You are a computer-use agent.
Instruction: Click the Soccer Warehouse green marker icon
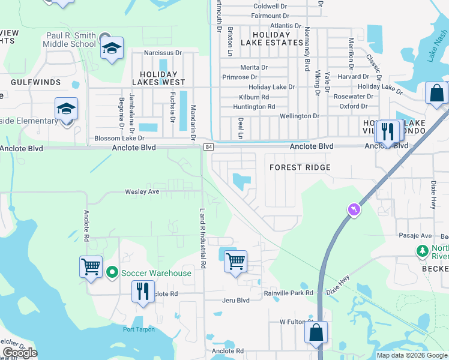click(112, 273)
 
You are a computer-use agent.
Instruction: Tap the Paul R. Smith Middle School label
click(71, 40)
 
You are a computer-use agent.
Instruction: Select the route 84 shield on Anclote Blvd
click(208, 147)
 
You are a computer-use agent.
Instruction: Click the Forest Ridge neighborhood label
click(300, 167)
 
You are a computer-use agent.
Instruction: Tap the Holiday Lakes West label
click(158, 82)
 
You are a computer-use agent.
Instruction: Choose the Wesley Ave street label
click(142, 192)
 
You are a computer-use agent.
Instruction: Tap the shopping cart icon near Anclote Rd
click(91, 266)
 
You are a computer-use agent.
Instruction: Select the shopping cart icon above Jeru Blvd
click(235, 262)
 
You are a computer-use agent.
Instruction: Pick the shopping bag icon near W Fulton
click(316, 332)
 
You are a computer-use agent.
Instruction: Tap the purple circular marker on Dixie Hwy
click(354, 209)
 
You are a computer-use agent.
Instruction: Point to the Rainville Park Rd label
click(289, 293)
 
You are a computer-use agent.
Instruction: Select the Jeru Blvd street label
click(235, 300)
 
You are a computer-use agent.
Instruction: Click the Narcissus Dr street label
click(163, 53)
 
